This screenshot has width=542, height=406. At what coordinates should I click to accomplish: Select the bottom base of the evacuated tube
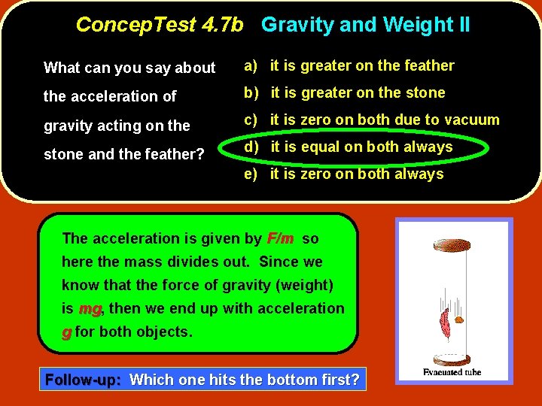coord(454,359)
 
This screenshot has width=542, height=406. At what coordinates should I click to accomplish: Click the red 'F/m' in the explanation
coord(280,238)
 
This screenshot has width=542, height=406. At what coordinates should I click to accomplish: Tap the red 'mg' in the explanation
coord(90,308)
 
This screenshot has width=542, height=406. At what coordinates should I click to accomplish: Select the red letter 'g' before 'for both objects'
coord(66,332)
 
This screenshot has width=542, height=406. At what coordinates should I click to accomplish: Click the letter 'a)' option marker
coord(251,66)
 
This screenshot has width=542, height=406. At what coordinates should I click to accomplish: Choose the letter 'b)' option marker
coord(251,93)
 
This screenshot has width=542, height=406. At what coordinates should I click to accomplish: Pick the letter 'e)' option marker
coord(251,174)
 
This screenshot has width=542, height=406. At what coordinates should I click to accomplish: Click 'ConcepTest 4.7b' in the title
coord(160,25)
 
